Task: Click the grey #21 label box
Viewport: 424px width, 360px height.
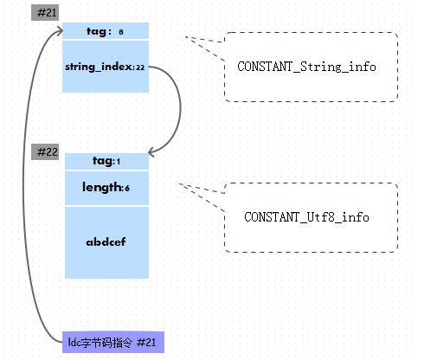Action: coord(45,13)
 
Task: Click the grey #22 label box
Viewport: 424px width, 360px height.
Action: coord(45,151)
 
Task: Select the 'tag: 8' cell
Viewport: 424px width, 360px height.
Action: coord(106,31)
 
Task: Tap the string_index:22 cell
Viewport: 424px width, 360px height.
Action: coord(106,67)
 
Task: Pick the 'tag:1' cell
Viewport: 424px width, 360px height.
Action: coord(106,161)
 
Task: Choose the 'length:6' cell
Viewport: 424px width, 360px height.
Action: coord(106,188)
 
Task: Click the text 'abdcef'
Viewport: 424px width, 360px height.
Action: coord(106,241)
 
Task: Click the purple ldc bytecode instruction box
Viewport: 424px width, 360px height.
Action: coord(113,343)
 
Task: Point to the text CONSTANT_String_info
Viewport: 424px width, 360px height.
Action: coord(306,67)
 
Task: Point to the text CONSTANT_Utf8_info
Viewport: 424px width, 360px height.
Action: coord(306,217)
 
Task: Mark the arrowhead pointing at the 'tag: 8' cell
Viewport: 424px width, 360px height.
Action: coord(60,31)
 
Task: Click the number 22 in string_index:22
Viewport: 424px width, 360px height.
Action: coord(140,67)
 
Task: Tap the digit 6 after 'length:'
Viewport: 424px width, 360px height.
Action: coord(127,189)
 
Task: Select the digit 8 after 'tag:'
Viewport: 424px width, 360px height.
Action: coord(121,32)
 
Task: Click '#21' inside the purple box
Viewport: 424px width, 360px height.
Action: coord(146,343)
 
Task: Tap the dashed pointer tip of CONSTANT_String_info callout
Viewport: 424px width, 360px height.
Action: coord(185,37)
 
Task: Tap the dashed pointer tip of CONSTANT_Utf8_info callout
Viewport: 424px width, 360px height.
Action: coord(179,183)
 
